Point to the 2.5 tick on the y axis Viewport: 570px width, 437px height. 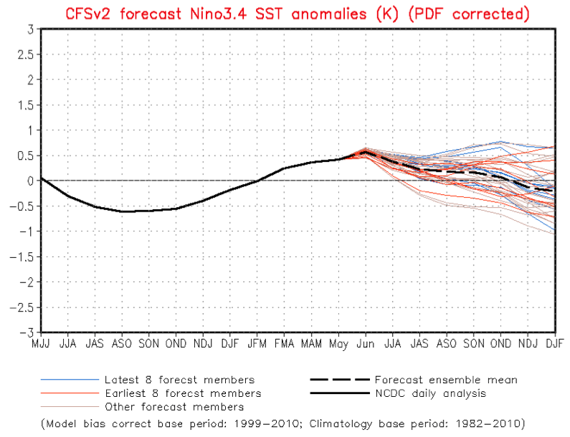click(x=27, y=54)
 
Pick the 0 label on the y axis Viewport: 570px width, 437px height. click(x=30, y=181)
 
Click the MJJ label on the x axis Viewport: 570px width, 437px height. click(x=40, y=344)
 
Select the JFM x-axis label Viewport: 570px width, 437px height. click(x=257, y=344)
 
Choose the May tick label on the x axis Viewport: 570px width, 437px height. click(x=339, y=344)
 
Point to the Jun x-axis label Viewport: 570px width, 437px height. click(x=366, y=344)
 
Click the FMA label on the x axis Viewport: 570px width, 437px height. click(x=285, y=344)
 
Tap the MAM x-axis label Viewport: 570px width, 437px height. click(x=312, y=344)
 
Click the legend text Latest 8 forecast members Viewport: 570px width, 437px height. click(x=179, y=380)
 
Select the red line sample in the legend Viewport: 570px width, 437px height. click(x=68, y=393)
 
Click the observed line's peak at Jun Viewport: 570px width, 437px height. click(x=366, y=151)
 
